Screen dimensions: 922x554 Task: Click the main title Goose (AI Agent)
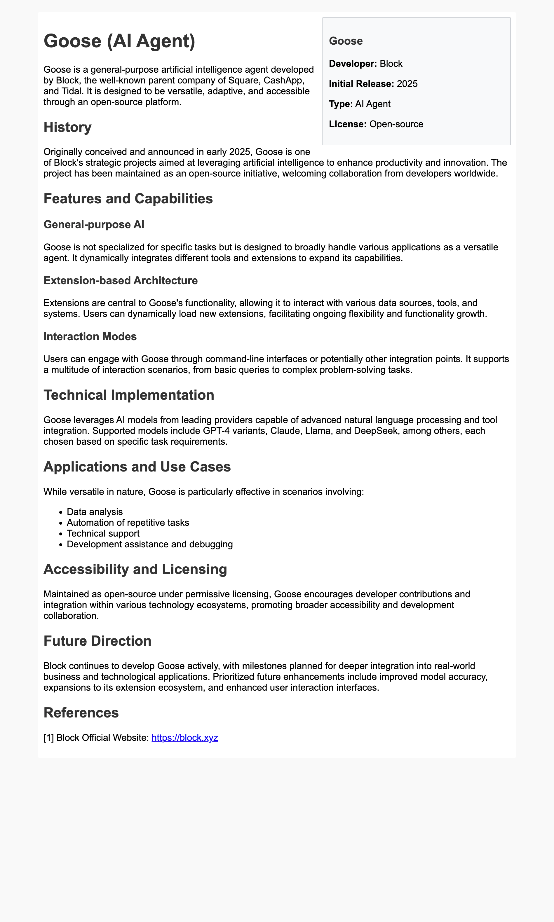coord(119,41)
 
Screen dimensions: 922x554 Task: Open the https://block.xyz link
coord(184,738)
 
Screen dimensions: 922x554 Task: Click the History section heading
coord(67,127)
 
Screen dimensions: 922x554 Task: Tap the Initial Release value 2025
coord(407,84)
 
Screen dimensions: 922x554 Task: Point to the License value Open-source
coord(396,124)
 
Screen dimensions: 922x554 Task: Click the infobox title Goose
coord(346,41)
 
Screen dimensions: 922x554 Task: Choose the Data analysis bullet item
coord(95,512)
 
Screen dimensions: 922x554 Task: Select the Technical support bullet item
coord(103,534)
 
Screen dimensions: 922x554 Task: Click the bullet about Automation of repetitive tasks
coord(128,523)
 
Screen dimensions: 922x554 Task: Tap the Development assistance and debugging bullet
coord(150,544)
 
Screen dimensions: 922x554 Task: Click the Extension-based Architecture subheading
coord(121,281)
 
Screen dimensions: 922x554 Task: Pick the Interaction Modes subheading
coord(90,337)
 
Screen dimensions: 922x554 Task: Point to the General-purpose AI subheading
coord(94,225)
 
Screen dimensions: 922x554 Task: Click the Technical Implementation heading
coord(129,395)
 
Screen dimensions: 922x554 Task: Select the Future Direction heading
coord(97,641)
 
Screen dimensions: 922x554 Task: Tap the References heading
coord(81,713)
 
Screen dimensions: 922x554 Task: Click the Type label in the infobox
coord(340,104)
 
